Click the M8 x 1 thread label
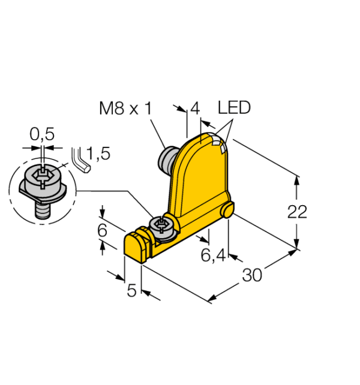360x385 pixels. coord(126,108)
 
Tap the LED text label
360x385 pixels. coord(234,107)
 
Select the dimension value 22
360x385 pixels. coord(297,212)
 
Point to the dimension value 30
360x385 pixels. coord(252,275)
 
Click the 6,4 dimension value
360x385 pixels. coord(213,255)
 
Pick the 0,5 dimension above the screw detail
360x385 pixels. coord(42,134)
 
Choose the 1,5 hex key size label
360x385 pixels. coord(98,154)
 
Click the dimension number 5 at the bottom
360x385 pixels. coord(131,291)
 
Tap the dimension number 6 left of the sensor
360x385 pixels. coord(102,230)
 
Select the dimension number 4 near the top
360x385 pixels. coord(195,109)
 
